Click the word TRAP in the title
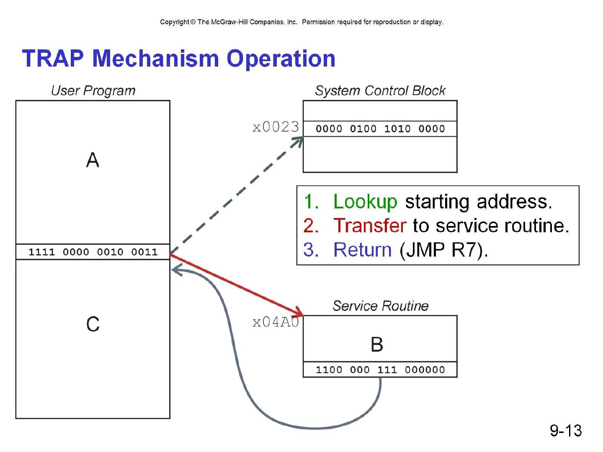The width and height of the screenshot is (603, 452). [x=53, y=58]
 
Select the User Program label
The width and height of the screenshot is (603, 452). [x=93, y=90]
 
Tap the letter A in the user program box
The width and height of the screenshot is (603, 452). [x=93, y=160]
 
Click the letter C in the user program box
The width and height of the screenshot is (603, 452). [x=93, y=324]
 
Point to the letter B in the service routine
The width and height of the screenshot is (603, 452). [x=377, y=344]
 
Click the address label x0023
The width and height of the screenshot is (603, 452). [x=276, y=127]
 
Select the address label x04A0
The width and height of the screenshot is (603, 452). [x=276, y=322]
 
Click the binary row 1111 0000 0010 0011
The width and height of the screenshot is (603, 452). [x=93, y=252]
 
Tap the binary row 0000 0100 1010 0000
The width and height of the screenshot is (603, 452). [x=380, y=129]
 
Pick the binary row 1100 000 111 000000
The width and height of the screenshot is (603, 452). [x=380, y=370]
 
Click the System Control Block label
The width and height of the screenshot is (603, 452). [x=380, y=90]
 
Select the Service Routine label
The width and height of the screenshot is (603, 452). [x=380, y=306]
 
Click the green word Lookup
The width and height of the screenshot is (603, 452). [x=365, y=202]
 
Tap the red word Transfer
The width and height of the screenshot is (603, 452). [x=369, y=226]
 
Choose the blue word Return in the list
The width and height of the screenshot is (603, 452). [x=362, y=250]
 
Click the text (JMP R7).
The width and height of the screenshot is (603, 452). [x=444, y=250]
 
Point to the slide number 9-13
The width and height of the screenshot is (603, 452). [x=566, y=430]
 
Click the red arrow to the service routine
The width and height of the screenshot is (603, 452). [x=237, y=285]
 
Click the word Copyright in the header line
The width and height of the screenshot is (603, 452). [x=175, y=22]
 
